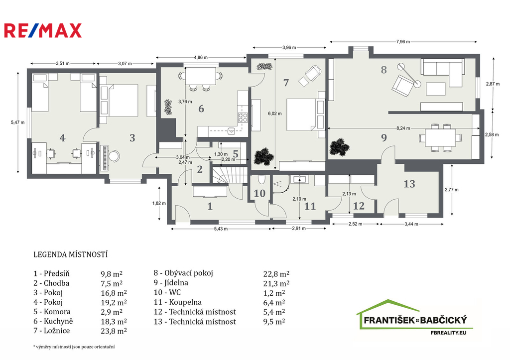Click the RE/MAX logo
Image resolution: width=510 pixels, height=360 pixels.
[x=43, y=31]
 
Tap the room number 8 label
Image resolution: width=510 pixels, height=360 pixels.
[x=383, y=70]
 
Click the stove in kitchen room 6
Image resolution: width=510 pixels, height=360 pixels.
[x=243, y=118]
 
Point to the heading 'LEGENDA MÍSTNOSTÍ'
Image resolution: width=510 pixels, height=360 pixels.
[x=70, y=254]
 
